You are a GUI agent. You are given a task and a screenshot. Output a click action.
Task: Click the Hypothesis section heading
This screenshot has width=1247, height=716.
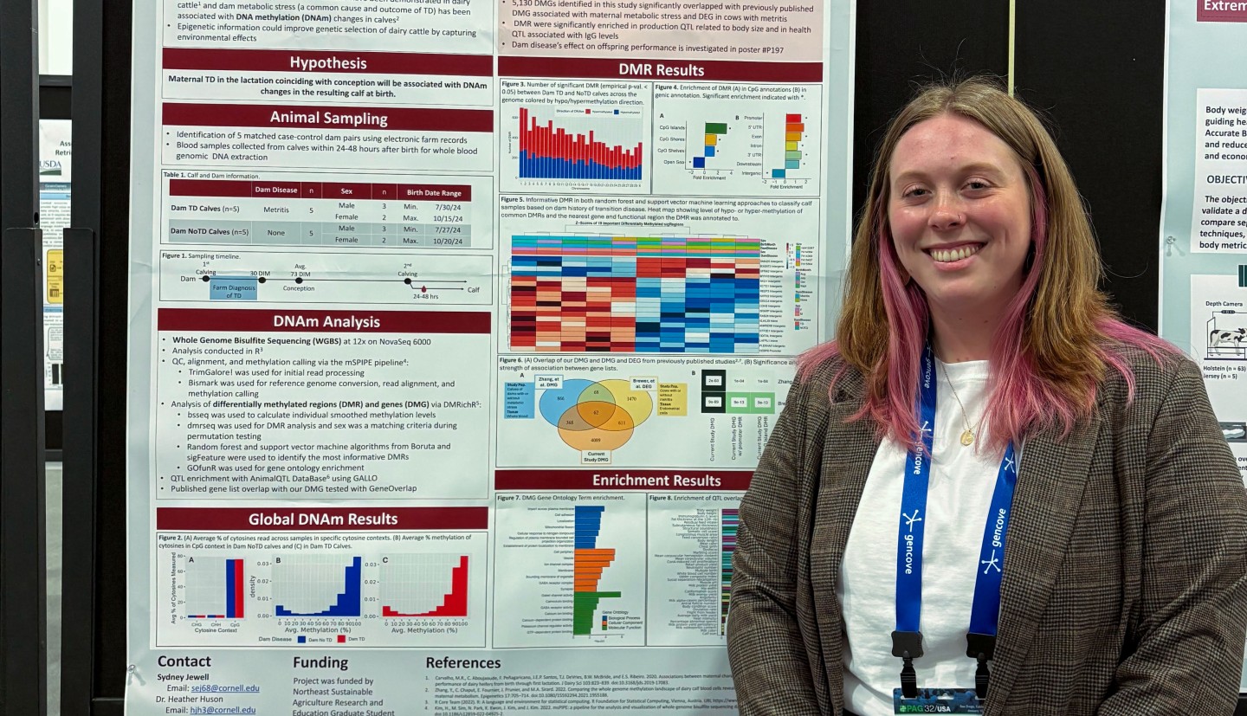click(327, 62)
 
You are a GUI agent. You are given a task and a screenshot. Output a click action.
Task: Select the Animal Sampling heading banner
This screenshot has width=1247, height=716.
click(328, 118)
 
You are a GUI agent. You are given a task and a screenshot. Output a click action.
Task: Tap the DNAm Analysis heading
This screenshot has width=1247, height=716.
click(326, 322)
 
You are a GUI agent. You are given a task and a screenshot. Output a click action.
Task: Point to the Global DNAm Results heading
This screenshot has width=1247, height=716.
click(322, 519)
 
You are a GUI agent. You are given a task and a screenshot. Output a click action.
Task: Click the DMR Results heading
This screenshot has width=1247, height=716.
click(661, 70)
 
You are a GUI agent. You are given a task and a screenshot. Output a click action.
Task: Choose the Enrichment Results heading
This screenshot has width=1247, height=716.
click(656, 481)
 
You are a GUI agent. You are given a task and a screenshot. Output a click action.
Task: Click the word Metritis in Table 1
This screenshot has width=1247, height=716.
click(275, 209)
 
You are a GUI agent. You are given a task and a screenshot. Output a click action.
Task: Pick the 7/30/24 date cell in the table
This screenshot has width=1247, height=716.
click(447, 208)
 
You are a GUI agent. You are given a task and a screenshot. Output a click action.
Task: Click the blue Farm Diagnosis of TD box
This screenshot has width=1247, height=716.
click(233, 290)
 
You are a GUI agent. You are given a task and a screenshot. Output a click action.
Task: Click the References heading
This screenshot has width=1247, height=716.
click(462, 663)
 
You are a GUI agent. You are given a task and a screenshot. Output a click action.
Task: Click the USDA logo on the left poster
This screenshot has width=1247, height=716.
click(50, 165)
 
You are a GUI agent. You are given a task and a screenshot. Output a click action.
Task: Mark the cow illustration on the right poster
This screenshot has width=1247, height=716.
click(1226, 339)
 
